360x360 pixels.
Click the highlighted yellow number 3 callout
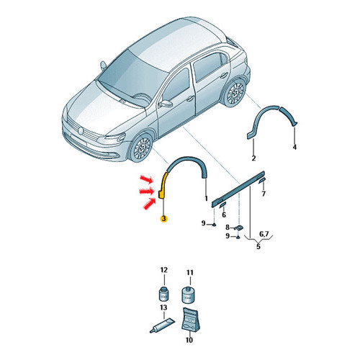coord(164,219)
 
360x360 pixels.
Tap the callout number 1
coord(206,199)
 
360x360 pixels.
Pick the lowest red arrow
coord(149,203)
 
